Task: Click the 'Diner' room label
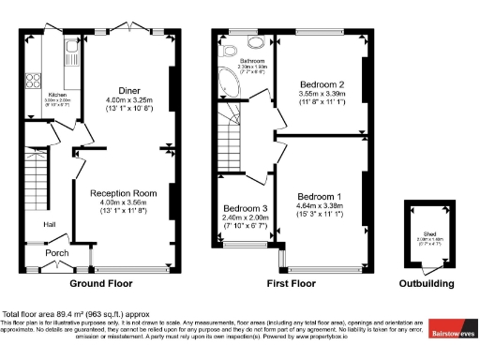click(x=129, y=90)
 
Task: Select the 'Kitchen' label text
click(x=56, y=95)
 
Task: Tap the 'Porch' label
click(x=58, y=252)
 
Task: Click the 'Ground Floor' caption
click(x=99, y=283)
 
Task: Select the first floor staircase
click(x=232, y=131)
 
